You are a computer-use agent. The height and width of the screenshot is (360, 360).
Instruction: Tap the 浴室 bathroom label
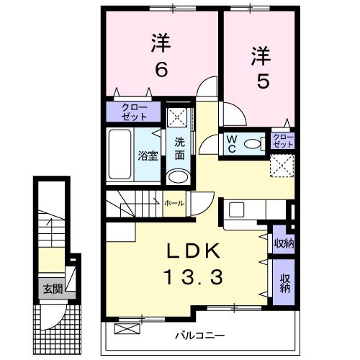click(x=148, y=156)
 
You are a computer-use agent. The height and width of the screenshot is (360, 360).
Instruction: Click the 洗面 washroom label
click(x=179, y=148)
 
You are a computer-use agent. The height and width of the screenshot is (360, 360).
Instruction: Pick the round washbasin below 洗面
click(x=178, y=178)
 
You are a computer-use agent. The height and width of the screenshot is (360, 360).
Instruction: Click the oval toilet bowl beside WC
click(x=253, y=143)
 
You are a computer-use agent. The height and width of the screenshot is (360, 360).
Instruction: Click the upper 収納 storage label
click(x=283, y=243)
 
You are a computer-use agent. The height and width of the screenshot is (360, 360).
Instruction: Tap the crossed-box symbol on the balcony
click(x=125, y=328)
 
